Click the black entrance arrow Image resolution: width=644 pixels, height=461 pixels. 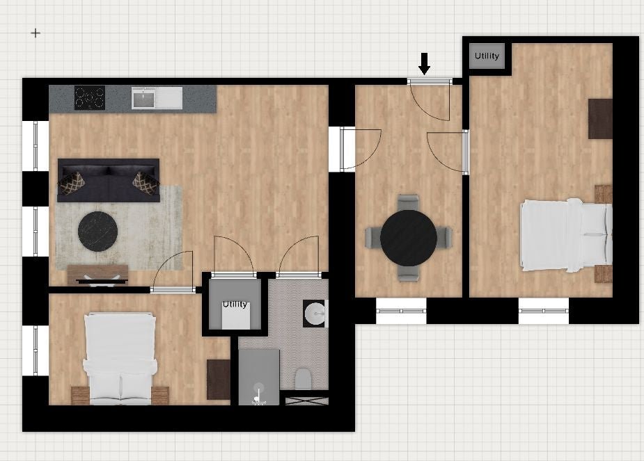[424, 64]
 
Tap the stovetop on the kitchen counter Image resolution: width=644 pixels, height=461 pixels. [90, 97]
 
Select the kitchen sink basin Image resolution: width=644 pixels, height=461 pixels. [143, 99]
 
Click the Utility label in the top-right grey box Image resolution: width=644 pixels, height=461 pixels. [487, 56]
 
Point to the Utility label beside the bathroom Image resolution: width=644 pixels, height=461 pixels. [235, 304]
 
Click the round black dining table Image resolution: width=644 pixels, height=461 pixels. [408, 238]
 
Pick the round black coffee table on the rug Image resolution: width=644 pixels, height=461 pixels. [97, 232]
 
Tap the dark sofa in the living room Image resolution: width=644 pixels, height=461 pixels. [109, 181]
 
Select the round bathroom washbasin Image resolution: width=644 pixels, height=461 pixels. [315, 314]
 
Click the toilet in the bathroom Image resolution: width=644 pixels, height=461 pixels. [303, 378]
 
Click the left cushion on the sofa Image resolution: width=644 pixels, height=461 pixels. [72, 183]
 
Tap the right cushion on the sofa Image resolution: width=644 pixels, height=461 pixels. [146, 183]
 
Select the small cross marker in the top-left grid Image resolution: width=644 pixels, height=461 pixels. [36, 33]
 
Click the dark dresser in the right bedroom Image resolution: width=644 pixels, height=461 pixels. [600, 119]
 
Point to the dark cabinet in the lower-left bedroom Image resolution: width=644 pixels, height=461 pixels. [218, 380]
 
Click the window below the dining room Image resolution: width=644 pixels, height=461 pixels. [401, 311]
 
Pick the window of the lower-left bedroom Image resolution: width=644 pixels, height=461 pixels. [36, 350]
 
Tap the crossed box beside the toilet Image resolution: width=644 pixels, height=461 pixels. [307, 401]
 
